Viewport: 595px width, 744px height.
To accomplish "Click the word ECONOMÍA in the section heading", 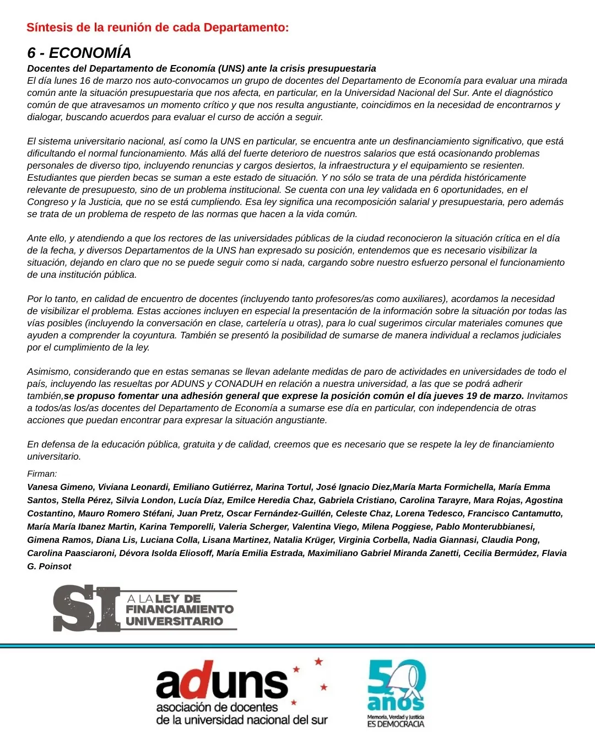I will point(90,53).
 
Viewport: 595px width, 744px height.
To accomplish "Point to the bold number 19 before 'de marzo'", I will point(472,396).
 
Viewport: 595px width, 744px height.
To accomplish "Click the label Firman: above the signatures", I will point(42,473).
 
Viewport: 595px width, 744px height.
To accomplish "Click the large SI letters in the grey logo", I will point(87,609).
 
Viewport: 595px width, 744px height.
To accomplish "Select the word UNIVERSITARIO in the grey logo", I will point(174,621).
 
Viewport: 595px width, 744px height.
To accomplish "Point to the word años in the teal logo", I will point(395,702).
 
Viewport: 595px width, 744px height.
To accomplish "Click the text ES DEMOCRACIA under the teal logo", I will point(396,724).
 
